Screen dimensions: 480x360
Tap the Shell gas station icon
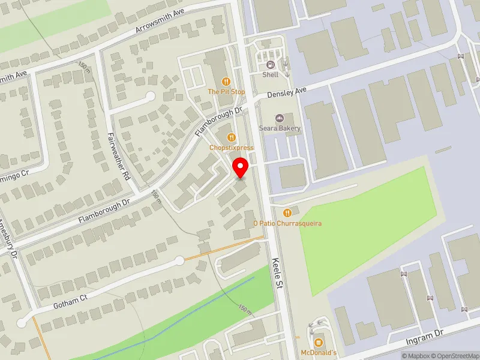pos(270,65)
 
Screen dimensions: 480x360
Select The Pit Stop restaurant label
pos(226,92)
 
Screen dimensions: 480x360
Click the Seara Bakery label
pos(280,128)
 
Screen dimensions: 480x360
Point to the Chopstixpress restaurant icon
pos(231,137)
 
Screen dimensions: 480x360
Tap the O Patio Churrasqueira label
pos(287,223)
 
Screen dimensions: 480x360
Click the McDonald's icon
pos(319,343)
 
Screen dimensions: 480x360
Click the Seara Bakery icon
pos(280,118)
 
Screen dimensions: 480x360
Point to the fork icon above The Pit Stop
pos(226,81)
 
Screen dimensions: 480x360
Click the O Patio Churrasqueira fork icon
pos(287,212)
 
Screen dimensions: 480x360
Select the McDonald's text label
pos(319,353)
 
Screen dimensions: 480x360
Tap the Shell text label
pos(270,75)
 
